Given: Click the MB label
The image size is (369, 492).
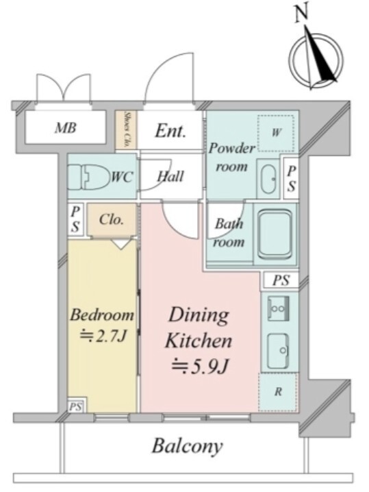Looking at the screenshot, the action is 66,127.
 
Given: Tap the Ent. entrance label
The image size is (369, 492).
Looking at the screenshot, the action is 170,130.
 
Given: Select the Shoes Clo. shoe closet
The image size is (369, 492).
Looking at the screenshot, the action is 126,130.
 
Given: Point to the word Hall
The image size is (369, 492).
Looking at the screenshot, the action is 170,176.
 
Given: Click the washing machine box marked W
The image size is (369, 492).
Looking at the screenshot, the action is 276,133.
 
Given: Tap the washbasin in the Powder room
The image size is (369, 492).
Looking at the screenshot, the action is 268,179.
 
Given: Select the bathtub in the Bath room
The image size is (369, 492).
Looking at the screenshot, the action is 275,234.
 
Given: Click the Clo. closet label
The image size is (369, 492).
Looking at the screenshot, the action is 111,219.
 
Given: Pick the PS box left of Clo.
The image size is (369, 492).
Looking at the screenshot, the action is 75,219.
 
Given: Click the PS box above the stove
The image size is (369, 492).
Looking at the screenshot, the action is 280,280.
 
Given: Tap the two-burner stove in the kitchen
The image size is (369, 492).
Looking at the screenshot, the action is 278,308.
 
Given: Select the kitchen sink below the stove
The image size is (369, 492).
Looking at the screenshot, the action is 278,350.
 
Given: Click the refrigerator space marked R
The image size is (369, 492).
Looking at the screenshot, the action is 278,392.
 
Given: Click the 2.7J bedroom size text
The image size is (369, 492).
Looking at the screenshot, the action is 103,336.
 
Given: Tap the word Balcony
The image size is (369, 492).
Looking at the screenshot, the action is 187,446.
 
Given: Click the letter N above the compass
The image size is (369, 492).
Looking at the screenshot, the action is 301,15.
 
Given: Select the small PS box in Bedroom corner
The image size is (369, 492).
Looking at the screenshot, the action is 75,407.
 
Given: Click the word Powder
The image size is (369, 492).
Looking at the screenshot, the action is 231,148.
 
